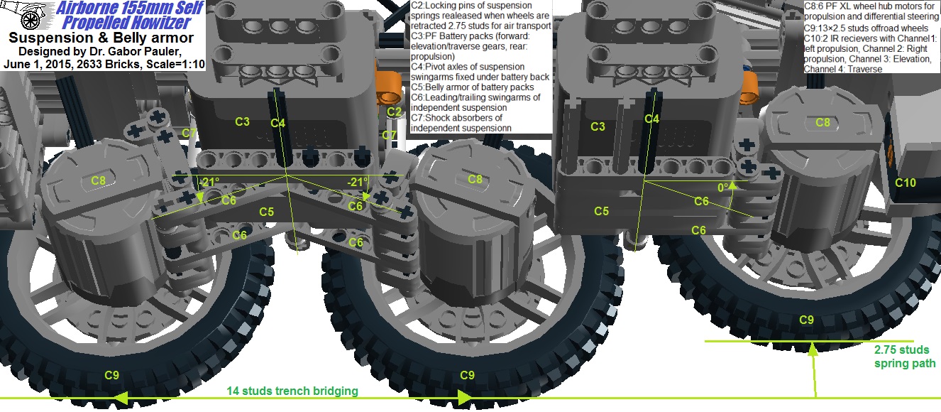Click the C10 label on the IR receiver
[905, 183]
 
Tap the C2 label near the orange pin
[395, 112]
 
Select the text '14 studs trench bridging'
[292, 391]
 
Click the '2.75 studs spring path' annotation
[904, 357]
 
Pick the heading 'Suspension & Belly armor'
[102, 38]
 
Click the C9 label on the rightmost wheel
[806, 320]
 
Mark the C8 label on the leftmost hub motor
[98, 180]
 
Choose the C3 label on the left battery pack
[242, 121]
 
